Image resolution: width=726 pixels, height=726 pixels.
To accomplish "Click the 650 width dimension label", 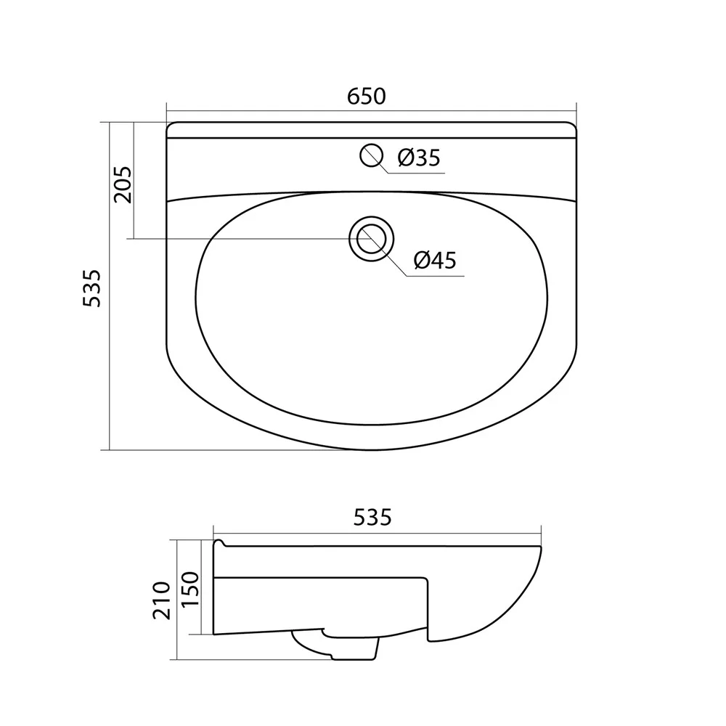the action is (366, 97).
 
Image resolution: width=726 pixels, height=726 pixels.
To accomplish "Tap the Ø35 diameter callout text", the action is (419, 158).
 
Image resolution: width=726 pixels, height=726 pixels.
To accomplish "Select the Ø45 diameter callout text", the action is (435, 260).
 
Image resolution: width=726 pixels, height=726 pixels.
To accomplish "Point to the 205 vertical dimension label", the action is (123, 184).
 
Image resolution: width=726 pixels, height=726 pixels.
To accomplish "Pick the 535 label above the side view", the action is (372, 517).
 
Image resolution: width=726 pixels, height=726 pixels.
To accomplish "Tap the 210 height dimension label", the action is (162, 600).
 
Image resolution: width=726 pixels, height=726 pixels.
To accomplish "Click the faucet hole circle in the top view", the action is (371, 155).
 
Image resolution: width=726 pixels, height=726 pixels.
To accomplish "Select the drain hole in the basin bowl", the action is (371, 239).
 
